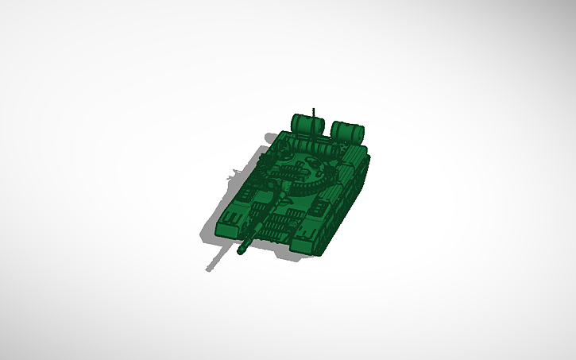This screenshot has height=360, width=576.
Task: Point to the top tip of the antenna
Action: pos(315,108)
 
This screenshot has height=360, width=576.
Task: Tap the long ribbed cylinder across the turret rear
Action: pos(318,148)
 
